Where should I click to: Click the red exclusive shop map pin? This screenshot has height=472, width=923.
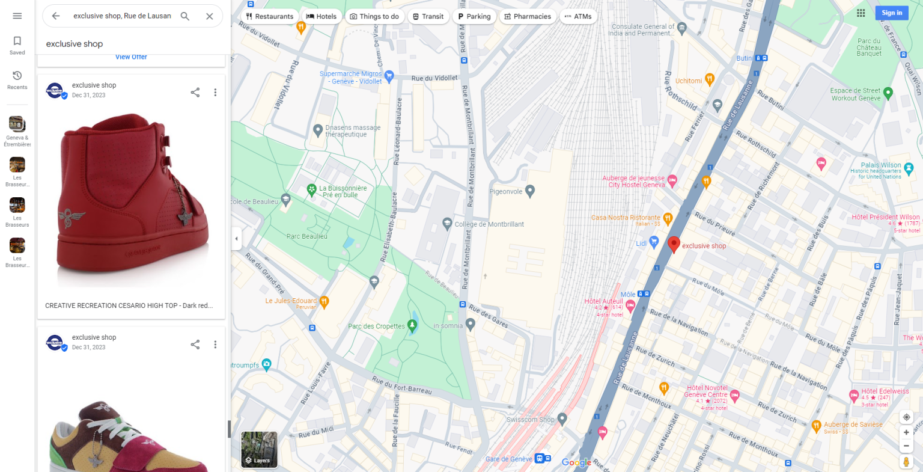pyautogui.click(x=674, y=244)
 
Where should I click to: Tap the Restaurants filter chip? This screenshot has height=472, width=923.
pyautogui.click(x=269, y=16)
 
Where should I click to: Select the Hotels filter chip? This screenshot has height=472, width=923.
pyautogui.click(x=321, y=16)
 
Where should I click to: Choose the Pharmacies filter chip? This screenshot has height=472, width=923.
pyautogui.click(x=527, y=16)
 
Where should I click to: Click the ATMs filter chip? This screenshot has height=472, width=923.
pyautogui.click(x=577, y=16)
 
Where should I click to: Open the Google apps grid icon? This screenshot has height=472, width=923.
pyautogui.click(x=861, y=13)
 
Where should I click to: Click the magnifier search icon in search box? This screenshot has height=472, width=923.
pyautogui.click(x=185, y=16)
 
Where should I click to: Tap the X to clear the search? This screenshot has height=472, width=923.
pyautogui.click(x=210, y=16)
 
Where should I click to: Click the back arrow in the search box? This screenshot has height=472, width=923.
pyautogui.click(x=56, y=16)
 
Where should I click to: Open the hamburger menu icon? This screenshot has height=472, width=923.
pyautogui.click(x=17, y=16)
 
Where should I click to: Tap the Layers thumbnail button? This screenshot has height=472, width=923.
pyautogui.click(x=259, y=449)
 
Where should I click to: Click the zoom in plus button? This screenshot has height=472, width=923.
pyautogui.click(x=906, y=432)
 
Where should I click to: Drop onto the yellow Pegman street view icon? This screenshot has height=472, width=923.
pyautogui.click(x=906, y=461)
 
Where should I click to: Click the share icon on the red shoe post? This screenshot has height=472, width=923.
pyautogui.click(x=195, y=93)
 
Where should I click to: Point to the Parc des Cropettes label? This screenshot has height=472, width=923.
pyautogui.click(x=377, y=326)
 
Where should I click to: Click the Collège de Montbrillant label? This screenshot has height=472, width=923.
pyautogui.click(x=489, y=224)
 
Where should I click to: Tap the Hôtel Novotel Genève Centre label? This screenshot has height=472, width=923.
pyautogui.click(x=706, y=391)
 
